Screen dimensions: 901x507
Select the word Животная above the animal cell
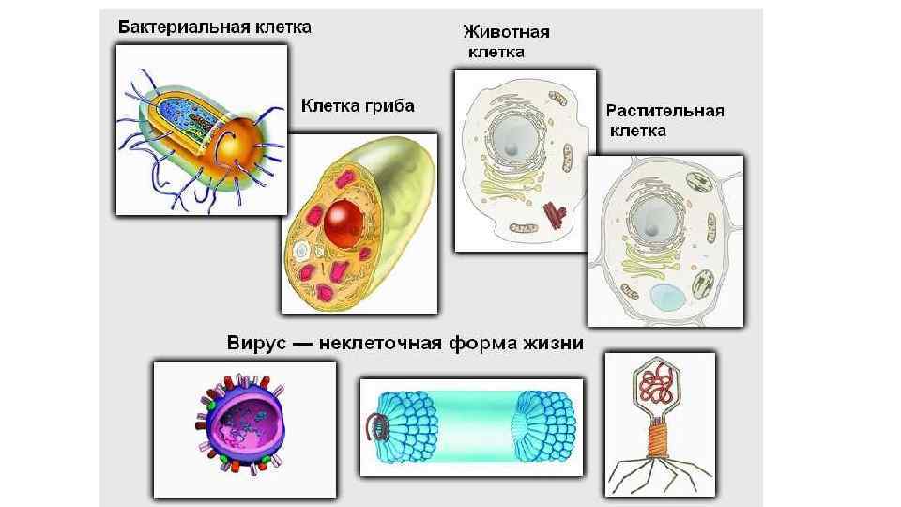(x=507, y=32)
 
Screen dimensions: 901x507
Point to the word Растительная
(x=664, y=111)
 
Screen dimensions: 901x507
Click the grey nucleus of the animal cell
(x=517, y=139)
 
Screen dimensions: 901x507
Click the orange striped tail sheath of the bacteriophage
(x=659, y=439)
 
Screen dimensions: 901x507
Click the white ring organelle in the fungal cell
(x=304, y=252)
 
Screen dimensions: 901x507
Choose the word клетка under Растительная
(x=638, y=131)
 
